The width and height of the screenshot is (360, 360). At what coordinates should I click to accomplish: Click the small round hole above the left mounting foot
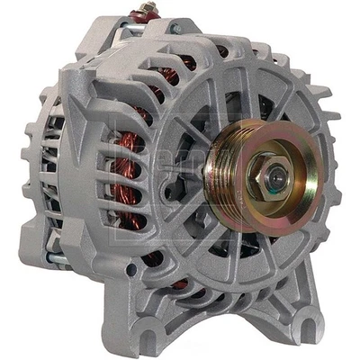pyautogui.click(x=133, y=268)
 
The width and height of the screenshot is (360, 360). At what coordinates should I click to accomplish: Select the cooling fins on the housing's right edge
pyautogui.click(x=334, y=171)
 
